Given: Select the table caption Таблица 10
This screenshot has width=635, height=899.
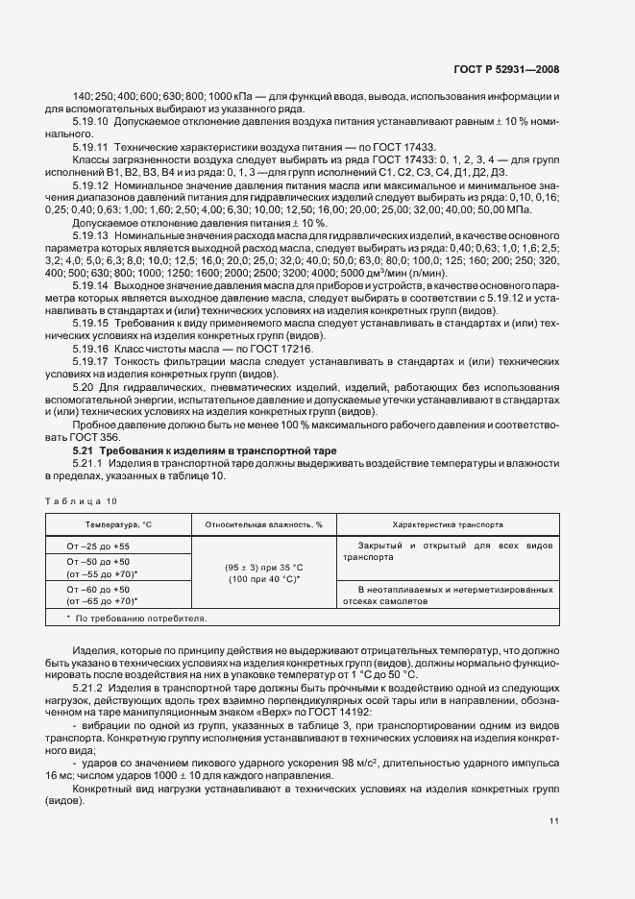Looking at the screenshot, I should pos(82,500).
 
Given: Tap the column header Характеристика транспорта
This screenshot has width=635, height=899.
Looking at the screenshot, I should pos(446,525).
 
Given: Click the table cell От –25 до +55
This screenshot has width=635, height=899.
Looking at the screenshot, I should pos(98,546).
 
